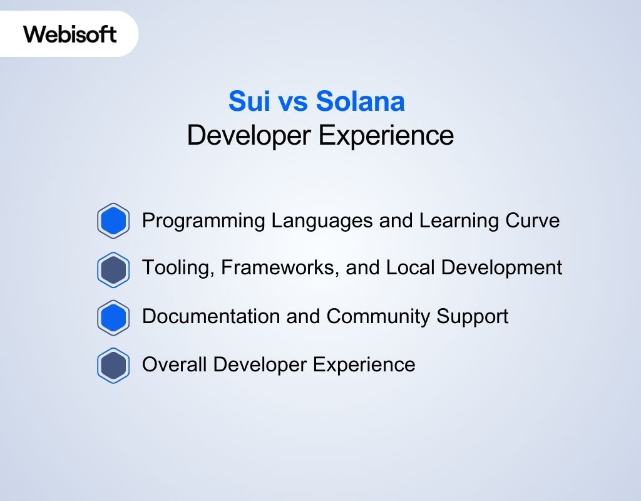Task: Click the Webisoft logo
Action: (x=70, y=34)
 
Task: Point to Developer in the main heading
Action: (x=250, y=136)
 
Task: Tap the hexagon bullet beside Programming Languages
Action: (x=113, y=221)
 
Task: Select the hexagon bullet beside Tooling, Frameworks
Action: (x=113, y=269)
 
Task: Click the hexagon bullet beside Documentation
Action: (x=113, y=318)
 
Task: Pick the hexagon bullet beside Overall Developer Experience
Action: (x=113, y=365)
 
